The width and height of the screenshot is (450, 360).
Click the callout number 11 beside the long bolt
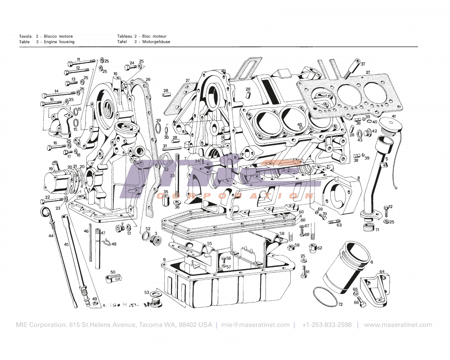(78, 59)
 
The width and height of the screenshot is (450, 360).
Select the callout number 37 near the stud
(363, 64)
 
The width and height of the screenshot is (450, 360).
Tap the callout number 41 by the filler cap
(393, 117)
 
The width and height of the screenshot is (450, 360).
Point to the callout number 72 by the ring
(340, 305)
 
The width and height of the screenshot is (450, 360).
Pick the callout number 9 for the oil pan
(164, 260)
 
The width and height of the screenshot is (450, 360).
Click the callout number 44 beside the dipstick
(51, 236)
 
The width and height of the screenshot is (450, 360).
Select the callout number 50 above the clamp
(112, 272)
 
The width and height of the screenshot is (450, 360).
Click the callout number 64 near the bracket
(382, 272)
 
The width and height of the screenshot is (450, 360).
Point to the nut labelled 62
(312, 248)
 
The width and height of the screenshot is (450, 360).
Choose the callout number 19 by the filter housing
(51, 169)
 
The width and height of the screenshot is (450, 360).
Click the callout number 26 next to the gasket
(148, 80)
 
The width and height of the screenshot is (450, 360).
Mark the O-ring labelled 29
(157, 130)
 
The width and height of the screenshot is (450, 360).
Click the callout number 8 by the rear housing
(359, 178)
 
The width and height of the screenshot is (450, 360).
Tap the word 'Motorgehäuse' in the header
(156, 42)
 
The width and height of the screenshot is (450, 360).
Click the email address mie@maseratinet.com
(256, 325)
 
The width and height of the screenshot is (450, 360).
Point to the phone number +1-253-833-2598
(327, 325)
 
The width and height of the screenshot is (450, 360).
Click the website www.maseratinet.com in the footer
(398, 325)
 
